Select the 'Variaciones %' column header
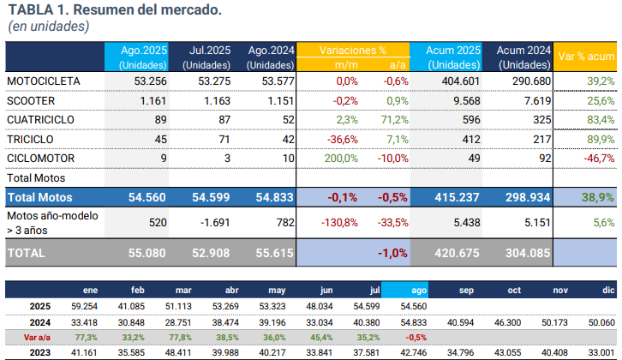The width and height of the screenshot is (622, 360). (352, 51)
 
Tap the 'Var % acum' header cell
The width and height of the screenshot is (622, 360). (586, 57)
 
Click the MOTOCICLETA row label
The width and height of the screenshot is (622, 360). (44, 81)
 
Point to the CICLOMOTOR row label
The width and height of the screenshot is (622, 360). (41, 159)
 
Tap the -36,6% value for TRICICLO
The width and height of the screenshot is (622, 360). (342, 139)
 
